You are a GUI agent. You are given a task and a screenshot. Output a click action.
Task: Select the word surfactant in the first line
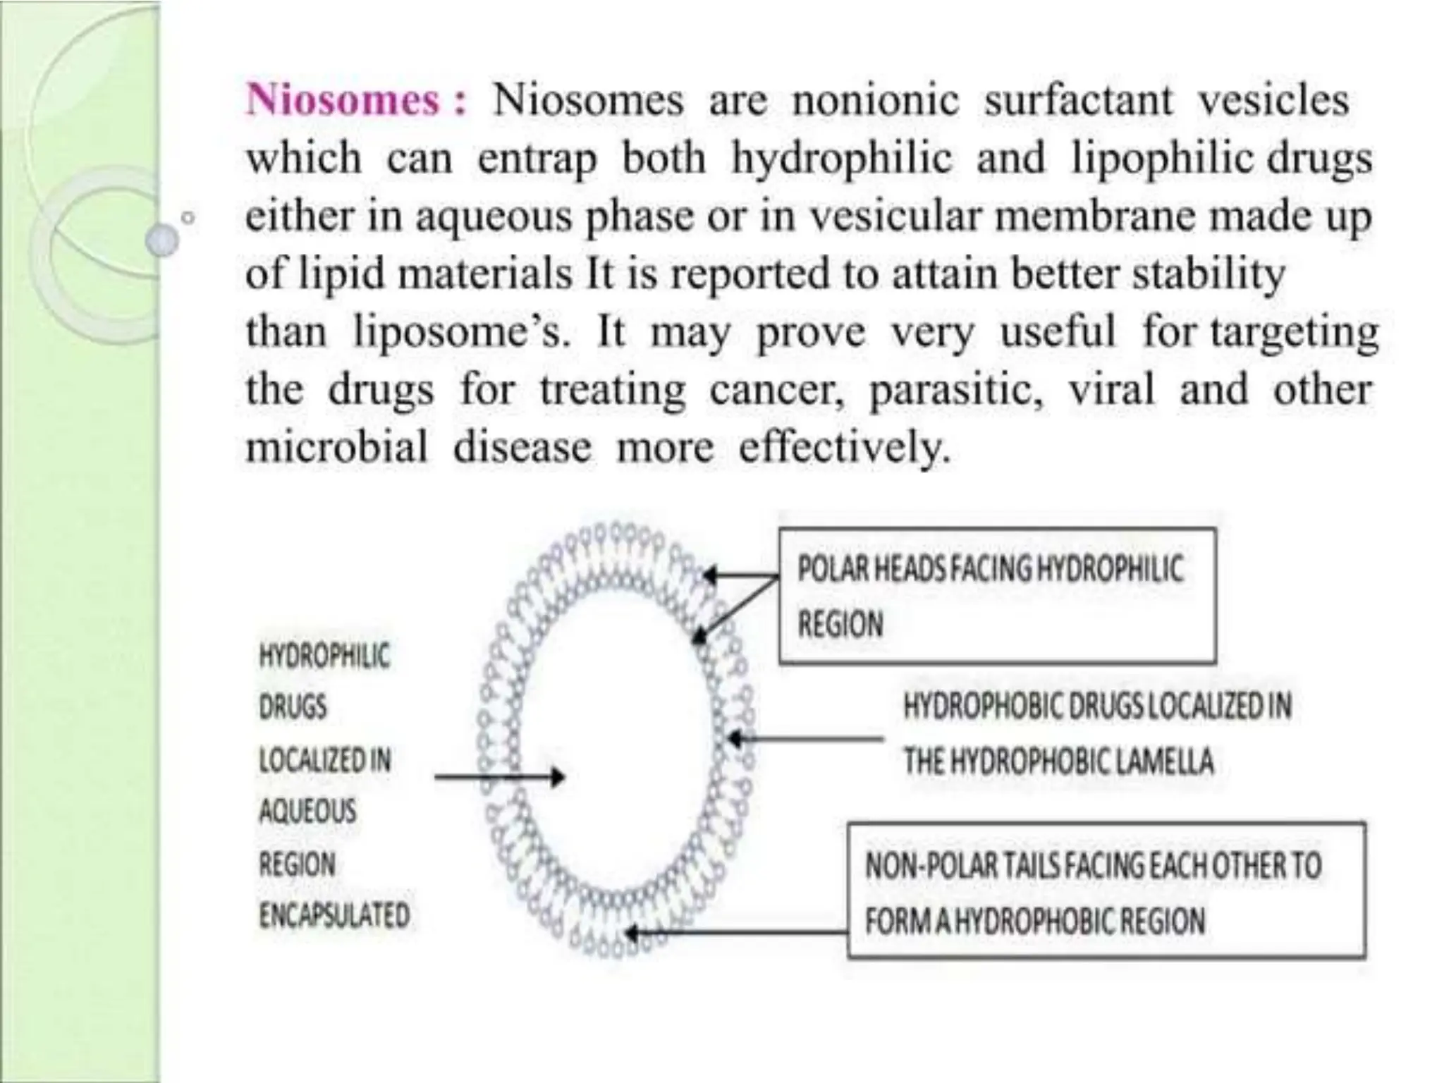[x=1078, y=100]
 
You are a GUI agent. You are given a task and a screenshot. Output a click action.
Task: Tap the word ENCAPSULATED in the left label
[x=334, y=915]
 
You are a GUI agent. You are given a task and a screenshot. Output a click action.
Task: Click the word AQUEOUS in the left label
[x=307, y=812]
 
